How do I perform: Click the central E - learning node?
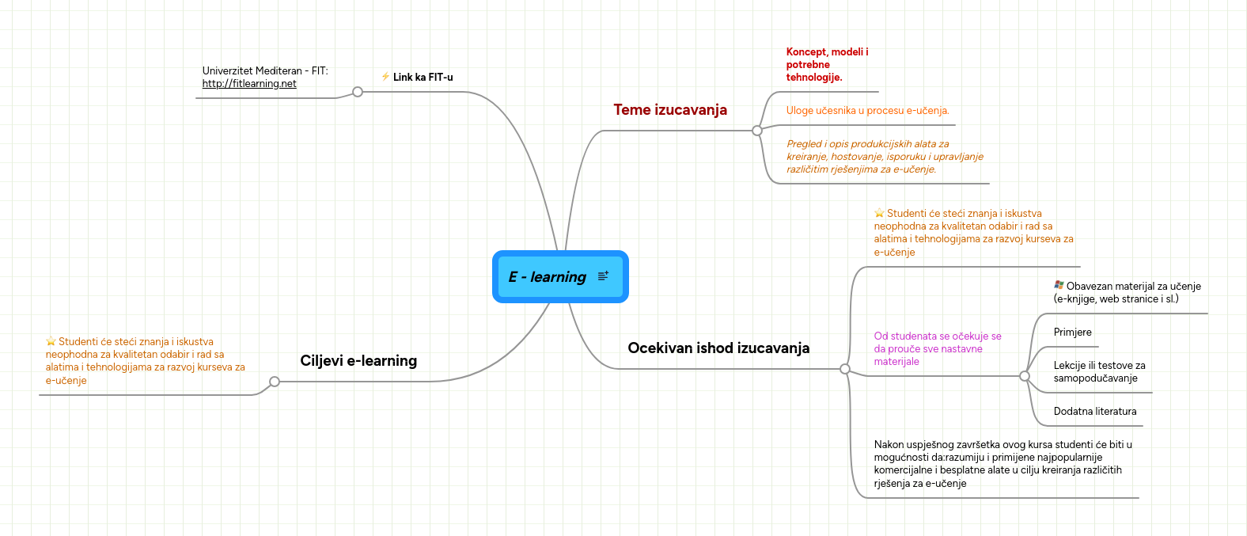[548, 277]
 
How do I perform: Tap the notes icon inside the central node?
[603, 276]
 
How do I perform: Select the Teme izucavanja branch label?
[669, 110]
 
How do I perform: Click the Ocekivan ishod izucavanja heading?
[718, 348]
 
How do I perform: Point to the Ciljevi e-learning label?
[358, 361]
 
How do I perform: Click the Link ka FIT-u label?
[423, 78]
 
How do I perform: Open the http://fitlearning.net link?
[249, 84]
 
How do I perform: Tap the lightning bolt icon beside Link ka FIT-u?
[385, 77]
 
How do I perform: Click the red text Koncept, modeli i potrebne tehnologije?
[826, 65]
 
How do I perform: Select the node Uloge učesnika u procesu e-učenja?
[867, 111]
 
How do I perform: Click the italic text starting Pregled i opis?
[884, 157]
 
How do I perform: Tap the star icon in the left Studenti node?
[51, 342]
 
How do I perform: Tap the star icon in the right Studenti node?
[879, 214]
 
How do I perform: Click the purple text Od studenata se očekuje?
[937, 349]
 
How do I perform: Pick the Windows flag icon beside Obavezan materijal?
[1059, 286]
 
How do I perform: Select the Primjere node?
[1072, 333]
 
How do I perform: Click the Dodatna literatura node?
[1094, 412]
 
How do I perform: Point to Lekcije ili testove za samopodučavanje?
[1098, 372]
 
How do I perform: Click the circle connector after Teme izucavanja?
[757, 131]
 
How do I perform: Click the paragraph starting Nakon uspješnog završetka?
[1002, 464]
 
